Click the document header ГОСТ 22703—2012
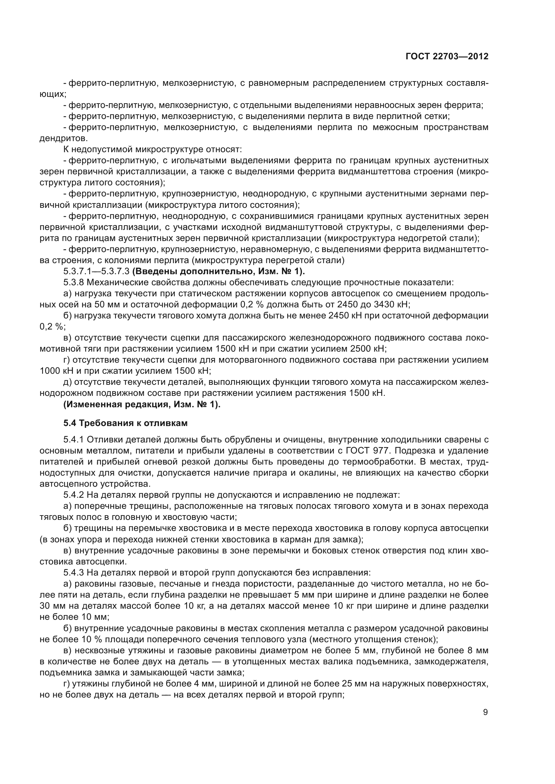[447, 56]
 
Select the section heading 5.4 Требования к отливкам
[125, 423]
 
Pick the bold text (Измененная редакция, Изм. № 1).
[142, 404]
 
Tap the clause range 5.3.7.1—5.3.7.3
[96, 272]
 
